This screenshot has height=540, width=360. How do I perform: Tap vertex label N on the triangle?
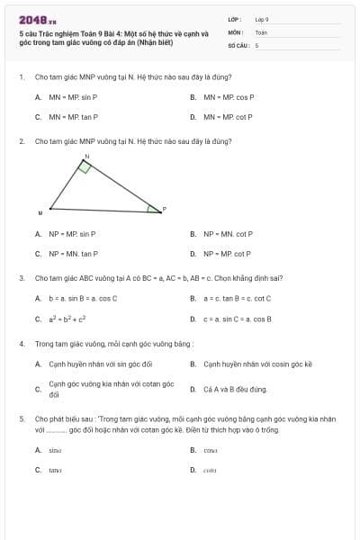pyautogui.click(x=87, y=157)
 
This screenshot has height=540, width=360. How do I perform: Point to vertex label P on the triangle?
pyautogui.click(x=165, y=209)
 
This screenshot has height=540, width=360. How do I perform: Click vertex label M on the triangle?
pyautogui.click(x=40, y=213)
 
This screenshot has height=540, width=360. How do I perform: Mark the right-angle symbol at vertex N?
pyautogui.click(x=85, y=167)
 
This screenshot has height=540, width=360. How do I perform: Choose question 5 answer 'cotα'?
pyautogui.click(x=211, y=470)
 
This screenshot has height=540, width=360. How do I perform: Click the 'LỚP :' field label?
pyautogui.click(x=235, y=19)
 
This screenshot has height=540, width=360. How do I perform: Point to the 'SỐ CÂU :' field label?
pyautogui.click(x=238, y=44)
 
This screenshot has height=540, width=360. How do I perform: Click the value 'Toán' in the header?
pyautogui.click(x=261, y=31)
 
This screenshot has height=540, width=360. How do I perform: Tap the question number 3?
pyautogui.click(x=21, y=278)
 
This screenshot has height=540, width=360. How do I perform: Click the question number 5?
pyautogui.click(x=21, y=419)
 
